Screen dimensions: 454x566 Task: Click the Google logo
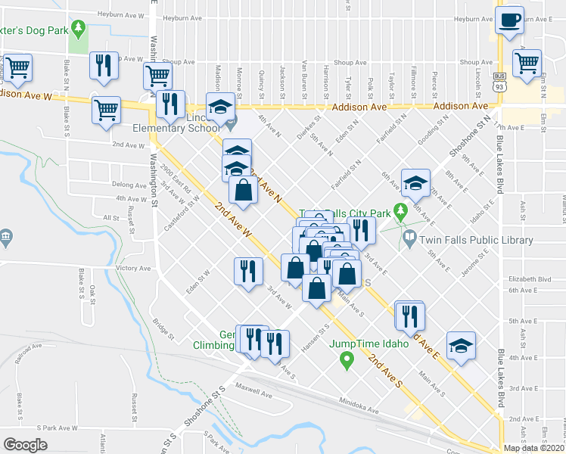(25, 445)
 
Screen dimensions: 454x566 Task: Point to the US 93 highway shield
(499, 79)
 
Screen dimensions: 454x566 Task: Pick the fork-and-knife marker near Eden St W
(247, 270)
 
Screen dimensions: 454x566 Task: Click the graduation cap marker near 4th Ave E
(461, 345)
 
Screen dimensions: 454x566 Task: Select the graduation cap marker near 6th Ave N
(415, 183)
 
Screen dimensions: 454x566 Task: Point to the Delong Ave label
(128, 184)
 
